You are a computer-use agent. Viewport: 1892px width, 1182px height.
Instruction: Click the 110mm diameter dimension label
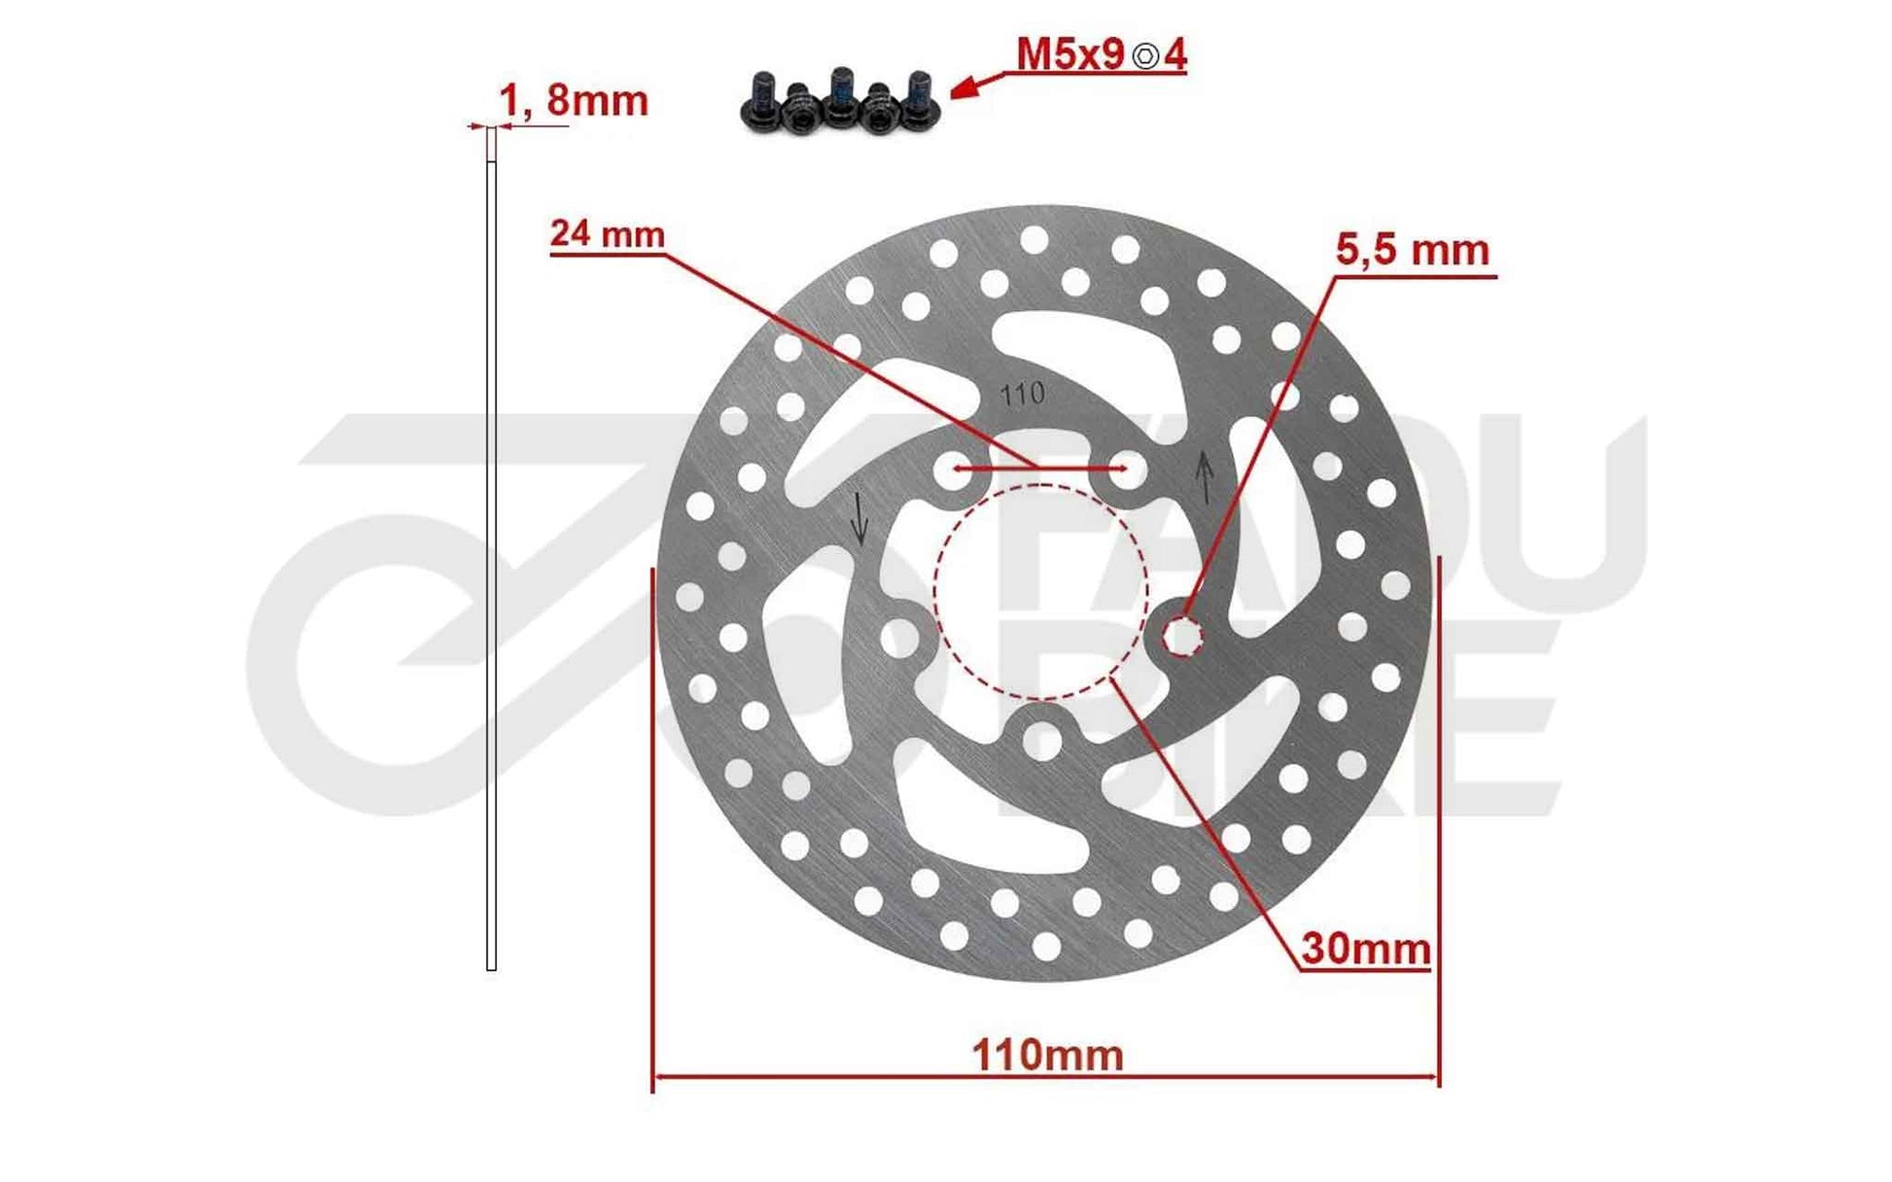(x=1048, y=1056)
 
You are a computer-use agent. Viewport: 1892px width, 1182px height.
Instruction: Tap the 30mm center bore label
(x=1366, y=949)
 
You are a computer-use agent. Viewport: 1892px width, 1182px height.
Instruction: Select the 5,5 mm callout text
(x=1412, y=251)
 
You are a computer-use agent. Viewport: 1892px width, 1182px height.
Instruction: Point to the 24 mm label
(x=608, y=234)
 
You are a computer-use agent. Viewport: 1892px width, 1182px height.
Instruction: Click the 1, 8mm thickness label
(x=573, y=101)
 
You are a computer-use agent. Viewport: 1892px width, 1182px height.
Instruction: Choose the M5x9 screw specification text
(x=1069, y=55)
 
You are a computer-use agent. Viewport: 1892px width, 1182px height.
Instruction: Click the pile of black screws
(x=840, y=101)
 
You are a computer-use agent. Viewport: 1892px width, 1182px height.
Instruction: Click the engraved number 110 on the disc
(x=1022, y=394)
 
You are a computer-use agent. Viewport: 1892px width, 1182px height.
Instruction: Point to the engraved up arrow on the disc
(x=1205, y=476)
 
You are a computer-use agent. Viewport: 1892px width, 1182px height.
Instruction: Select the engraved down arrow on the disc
(x=858, y=518)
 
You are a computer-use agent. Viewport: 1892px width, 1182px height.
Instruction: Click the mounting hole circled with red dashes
(x=1182, y=637)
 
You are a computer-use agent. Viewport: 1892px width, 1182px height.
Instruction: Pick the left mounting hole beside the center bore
(x=899, y=639)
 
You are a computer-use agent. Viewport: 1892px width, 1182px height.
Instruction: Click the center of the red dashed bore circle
(x=1040, y=592)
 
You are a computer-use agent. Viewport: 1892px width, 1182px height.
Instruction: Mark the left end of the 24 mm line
(x=957, y=469)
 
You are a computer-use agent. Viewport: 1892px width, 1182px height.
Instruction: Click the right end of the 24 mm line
(x=1125, y=469)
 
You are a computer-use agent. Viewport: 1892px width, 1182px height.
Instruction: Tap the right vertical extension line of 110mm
(x=1439, y=817)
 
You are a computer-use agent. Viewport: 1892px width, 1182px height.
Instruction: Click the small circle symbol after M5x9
(x=1147, y=56)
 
